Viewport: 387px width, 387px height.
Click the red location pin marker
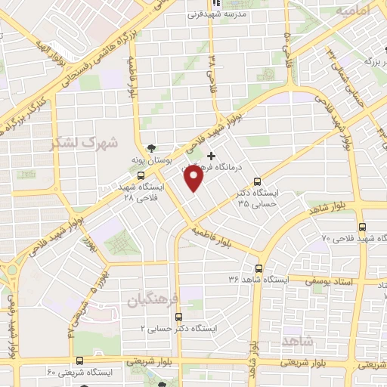pyautogui.click(x=194, y=178)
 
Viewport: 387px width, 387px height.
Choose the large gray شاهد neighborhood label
pyautogui.click(x=297, y=342)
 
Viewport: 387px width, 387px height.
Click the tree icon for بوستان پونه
pyautogui.click(x=153, y=148)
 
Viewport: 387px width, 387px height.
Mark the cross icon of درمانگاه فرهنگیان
pyautogui.click(x=211, y=155)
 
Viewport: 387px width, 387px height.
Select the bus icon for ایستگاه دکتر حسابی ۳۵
pyautogui.click(x=258, y=181)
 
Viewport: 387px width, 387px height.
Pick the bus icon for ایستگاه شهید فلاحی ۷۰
pyautogui.click(x=362, y=226)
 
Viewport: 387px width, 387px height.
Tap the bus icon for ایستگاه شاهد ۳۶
pyautogui.click(x=259, y=268)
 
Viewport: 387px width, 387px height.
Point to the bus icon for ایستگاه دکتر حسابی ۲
pyautogui.click(x=176, y=318)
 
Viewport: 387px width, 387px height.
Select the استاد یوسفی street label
pyautogui.click(x=308, y=281)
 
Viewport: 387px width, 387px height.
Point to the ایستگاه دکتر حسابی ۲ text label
pyautogui.click(x=179, y=330)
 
